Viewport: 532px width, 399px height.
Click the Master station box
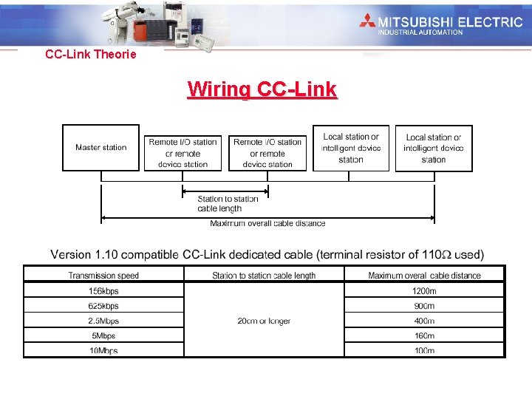click(100, 148)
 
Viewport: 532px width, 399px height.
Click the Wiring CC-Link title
click(262, 89)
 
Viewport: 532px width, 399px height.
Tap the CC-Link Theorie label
click(91, 54)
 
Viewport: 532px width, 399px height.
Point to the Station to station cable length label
click(228, 203)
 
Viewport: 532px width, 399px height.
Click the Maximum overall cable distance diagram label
click(267, 223)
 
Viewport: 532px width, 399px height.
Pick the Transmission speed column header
click(103, 276)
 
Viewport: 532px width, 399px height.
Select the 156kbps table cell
click(103, 290)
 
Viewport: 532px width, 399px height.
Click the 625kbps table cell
click(103, 306)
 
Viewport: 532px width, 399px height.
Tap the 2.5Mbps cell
click(103, 321)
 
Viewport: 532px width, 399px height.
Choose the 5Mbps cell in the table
click(103, 335)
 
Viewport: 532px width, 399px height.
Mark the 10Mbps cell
click(103, 350)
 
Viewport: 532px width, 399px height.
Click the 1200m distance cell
click(424, 290)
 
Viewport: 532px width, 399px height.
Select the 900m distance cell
click(424, 306)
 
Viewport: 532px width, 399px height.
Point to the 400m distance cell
click(424, 321)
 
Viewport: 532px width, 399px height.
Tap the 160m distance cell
click(424, 335)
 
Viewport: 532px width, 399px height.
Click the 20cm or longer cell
click(264, 321)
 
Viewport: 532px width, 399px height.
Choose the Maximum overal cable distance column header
click(424, 276)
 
